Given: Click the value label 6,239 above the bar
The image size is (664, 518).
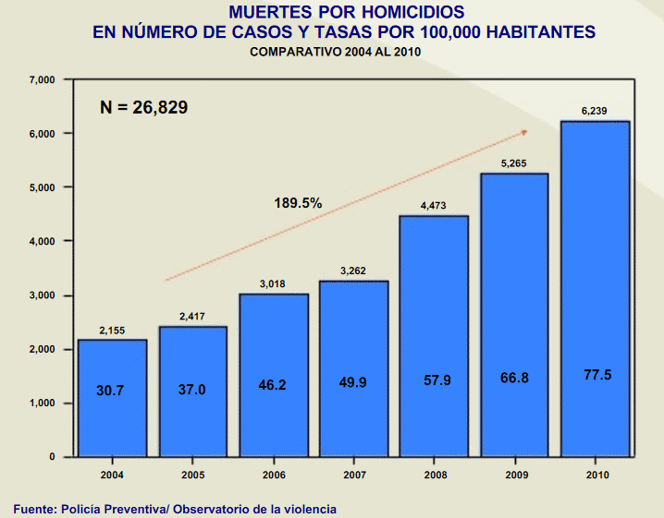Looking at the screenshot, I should [x=595, y=111].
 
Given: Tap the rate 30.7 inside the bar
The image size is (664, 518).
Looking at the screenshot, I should [x=111, y=391].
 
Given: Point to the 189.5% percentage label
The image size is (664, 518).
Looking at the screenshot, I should [x=298, y=202].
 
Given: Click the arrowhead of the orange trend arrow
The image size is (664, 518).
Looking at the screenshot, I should [x=523, y=132].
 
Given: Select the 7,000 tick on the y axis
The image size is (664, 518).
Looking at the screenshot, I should [x=43, y=80].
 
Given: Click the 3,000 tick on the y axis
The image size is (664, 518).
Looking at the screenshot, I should [x=43, y=295].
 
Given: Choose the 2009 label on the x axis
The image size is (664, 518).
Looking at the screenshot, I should [x=514, y=474].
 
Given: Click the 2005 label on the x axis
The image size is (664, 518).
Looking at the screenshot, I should [x=192, y=474].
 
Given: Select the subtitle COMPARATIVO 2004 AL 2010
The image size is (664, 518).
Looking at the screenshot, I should [x=336, y=53].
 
